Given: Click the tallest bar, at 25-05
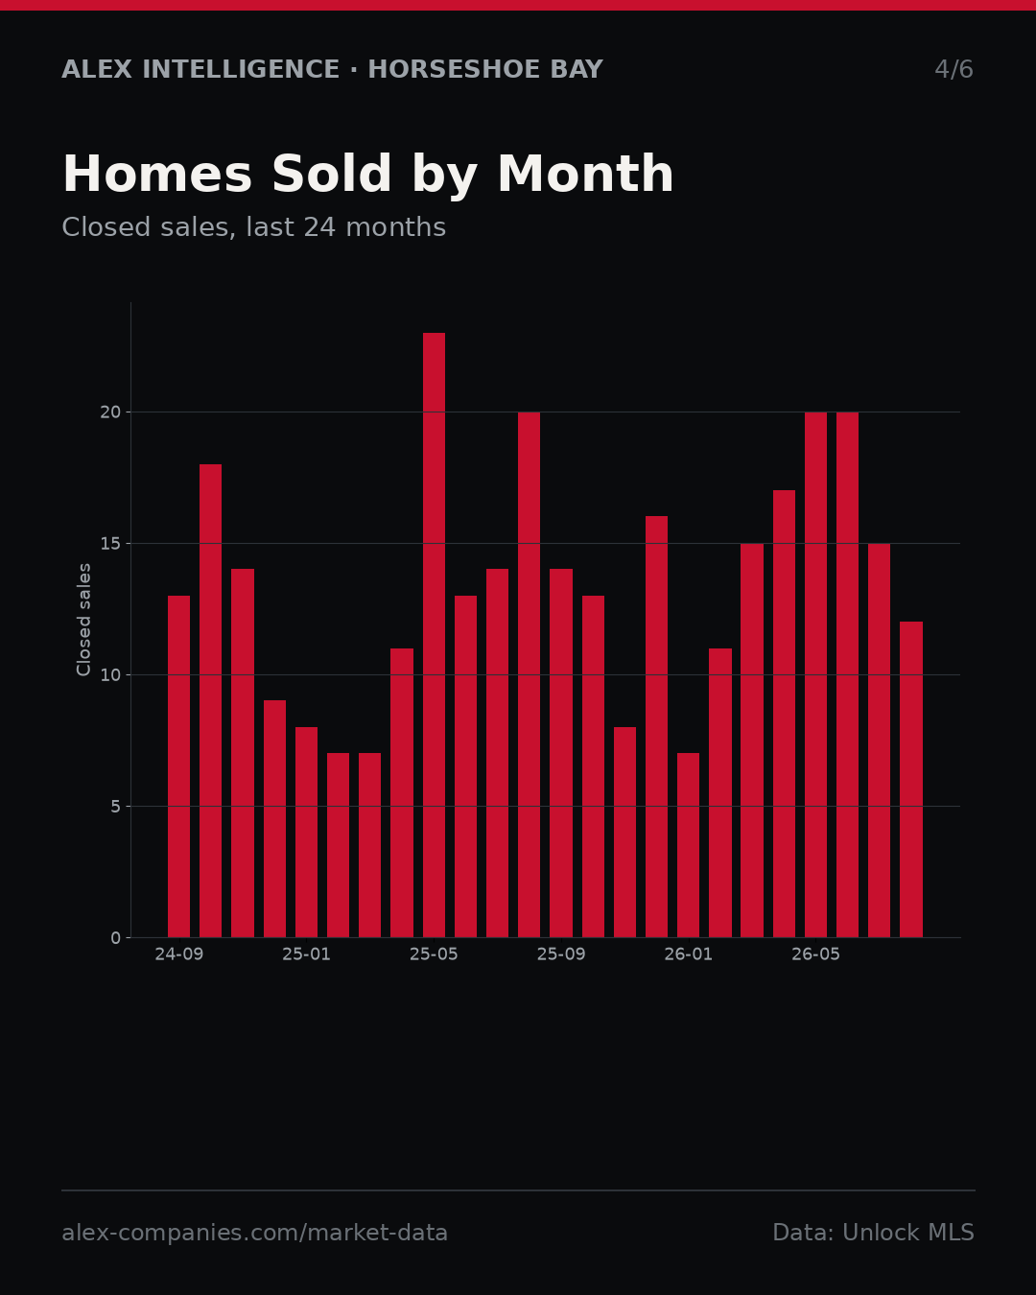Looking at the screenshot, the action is [x=434, y=635].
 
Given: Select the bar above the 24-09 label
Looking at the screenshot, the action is [x=178, y=766].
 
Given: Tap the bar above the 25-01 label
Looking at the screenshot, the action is [x=306, y=833].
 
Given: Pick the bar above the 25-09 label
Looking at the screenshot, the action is [x=561, y=753].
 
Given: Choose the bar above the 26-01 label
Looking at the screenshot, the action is [x=688, y=845].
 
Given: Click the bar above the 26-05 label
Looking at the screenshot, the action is [x=815, y=674].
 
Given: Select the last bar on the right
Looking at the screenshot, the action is [x=911, y=780].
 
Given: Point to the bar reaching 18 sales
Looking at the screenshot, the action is [x=211, y=701].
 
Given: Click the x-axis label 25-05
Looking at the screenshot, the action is [x=434, y=954].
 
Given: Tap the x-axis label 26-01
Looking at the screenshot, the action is [x=688, y=954].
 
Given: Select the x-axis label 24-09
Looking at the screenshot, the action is [x=178, y=954].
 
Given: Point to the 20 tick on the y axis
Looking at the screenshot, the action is [x=110, y=412].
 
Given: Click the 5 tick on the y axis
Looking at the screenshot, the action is [x=116, y=807].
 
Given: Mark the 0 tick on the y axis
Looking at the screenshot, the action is [x=116, y=938].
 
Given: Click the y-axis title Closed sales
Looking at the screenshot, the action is [x=83, y=620].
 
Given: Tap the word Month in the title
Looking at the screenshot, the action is [x=585, y=174].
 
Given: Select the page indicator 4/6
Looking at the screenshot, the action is [x=954, y=69].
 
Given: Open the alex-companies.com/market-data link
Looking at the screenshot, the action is [x=254, y=1233].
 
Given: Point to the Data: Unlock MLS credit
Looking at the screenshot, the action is [x=874, y=1233].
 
